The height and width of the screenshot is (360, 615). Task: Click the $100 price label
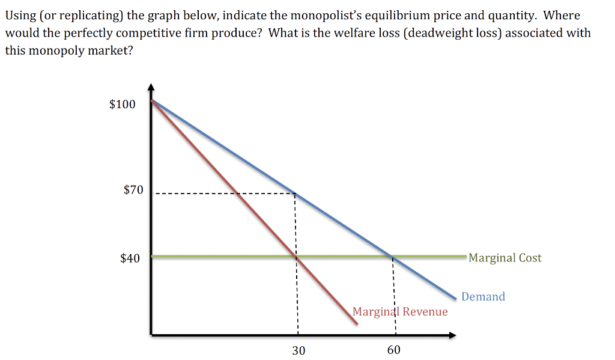point(123,105)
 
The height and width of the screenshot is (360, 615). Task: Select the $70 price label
point(133,191)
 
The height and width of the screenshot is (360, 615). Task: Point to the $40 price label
point(130,258)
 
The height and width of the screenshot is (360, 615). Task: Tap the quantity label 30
point(298,350)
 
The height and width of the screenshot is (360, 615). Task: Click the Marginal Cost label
point(504,258)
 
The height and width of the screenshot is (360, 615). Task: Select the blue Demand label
point(483,296)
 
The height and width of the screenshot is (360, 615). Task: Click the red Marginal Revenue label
point(400,311)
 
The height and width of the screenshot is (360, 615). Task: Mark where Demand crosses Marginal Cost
point(393,257)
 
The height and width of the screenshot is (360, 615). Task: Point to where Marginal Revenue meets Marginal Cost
point(296,257)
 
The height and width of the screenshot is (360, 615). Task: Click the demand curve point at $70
point(295,194)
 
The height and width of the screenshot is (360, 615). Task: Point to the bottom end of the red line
point(357,324)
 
